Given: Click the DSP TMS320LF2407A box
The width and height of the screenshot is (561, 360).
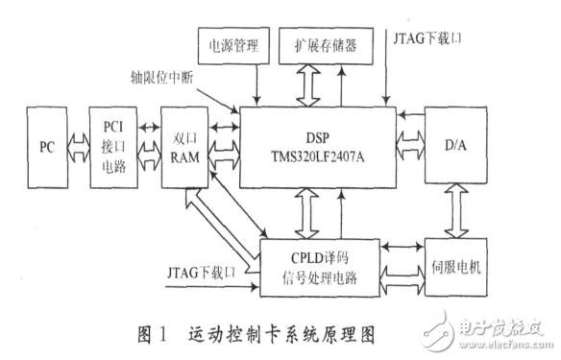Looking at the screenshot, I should click(x=318, y=144).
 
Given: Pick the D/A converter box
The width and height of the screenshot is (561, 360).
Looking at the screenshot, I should click(x=457, y=145).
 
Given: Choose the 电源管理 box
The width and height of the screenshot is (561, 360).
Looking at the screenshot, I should click(x=226, y=46).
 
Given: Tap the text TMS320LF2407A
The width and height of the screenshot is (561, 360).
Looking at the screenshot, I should click(x=318, y=156).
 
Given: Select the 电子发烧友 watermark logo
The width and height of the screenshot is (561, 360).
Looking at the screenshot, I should click(x=499, y=331).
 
